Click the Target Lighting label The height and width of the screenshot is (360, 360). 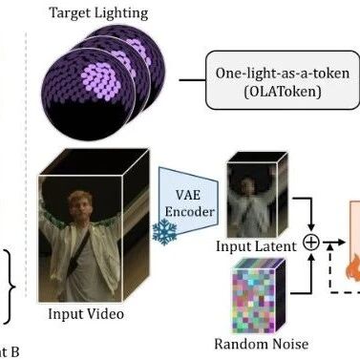click(x=98, y=13)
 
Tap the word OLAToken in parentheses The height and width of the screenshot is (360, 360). click(x=283, y=92)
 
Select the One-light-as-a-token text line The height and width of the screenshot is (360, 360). click(x=283, y=74)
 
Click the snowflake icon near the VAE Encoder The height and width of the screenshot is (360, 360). click(x=164, y=232)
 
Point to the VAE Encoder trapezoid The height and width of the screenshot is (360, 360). click(x=188, y=201)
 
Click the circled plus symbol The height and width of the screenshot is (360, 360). click(x=311, y=243)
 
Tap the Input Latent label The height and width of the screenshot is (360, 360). click(x=256, y=246)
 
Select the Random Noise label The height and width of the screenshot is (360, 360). click(x=261, y=344)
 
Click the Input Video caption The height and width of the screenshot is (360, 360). click(x=86, y=314)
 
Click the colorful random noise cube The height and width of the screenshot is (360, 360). click(x=259, y=295)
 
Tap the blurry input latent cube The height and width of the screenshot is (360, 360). click(x=257, y=195)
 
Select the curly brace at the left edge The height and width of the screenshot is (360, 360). click(x=11, y=286)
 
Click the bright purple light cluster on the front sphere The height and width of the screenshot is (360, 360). click(x=100, y=80)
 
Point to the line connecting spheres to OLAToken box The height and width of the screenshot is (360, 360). click(x=193, y=80)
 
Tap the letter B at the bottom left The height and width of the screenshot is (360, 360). click(x=14, y=352)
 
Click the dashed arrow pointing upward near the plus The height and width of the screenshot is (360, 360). click(x=330, y=267)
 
